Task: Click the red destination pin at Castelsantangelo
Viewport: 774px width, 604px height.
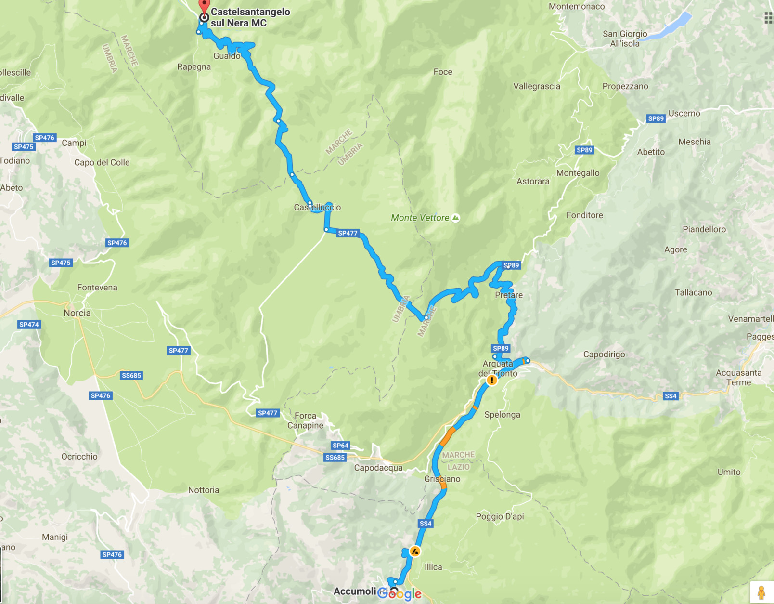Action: point(204,6)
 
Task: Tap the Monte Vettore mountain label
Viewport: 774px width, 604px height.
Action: point(420,218)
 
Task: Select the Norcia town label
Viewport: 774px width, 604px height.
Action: point(77,313)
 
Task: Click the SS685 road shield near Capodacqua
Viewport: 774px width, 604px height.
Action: point(335,458)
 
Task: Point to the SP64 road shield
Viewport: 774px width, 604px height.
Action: point(340,446)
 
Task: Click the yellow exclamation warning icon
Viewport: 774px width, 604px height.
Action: point(491,380)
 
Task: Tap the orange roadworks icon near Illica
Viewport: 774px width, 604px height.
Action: point(414,551)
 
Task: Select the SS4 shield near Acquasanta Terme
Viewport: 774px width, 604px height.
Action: point(670,396)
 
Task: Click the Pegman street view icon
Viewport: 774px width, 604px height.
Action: point(761,592)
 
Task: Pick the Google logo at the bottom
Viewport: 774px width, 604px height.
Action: point(400,593)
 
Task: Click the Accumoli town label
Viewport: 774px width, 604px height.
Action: point(355,591)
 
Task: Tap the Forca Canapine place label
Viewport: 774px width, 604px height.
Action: point(306,420)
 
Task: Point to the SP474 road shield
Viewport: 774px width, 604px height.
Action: point(29,325)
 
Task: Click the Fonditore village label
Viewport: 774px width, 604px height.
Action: point(584,215)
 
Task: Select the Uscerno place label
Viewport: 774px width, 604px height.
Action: point(684,113)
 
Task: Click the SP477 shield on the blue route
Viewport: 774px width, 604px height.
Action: point(348,233)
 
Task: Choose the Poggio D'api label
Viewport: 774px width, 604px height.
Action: point(500,516)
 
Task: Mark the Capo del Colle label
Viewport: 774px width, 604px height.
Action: point(102,162)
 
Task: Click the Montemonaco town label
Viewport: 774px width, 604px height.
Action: point(577,6)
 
